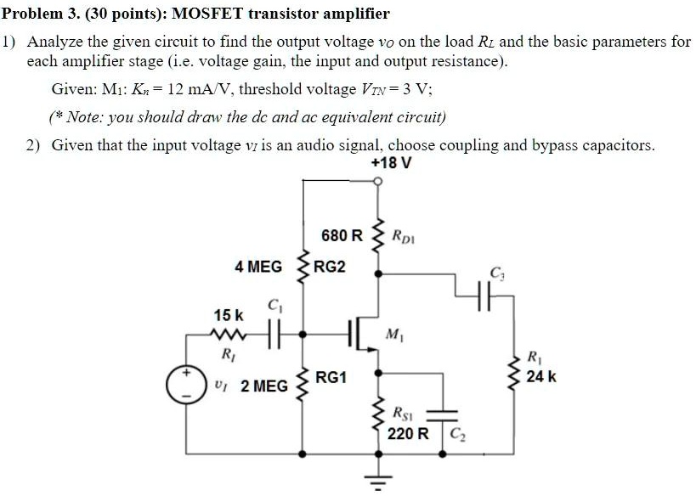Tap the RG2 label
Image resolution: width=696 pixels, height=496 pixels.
[x=331, y=267]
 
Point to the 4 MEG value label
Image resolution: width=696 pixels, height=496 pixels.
[x=258, y=267]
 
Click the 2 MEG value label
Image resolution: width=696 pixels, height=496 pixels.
[x=264, y=386]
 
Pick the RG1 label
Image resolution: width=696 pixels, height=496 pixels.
[x=331, y=378]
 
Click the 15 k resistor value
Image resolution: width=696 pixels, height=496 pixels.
[x=228, y=316]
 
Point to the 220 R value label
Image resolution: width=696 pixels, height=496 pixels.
[x=409, y=434]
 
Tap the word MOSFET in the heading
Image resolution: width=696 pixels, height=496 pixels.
[x=207, y=14]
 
